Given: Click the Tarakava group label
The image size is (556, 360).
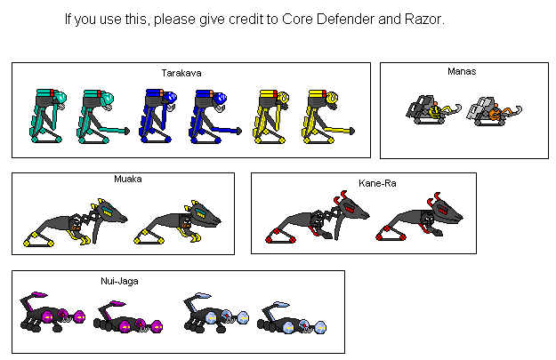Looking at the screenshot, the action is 181,73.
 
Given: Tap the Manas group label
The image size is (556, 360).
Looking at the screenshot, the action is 462,71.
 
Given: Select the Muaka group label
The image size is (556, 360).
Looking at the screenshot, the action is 128,179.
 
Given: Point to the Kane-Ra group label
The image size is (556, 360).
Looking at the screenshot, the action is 377,183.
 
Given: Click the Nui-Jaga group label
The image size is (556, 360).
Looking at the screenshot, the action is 119,281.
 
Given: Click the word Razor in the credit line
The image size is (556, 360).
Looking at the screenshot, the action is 424,19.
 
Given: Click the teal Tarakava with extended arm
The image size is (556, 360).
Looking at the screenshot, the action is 103,116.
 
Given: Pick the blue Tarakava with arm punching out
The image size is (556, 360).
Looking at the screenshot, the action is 215,116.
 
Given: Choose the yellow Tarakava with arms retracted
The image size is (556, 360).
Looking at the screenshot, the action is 271,116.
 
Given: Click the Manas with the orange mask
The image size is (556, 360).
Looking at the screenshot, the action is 494,111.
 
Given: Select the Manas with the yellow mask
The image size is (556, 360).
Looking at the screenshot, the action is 433,109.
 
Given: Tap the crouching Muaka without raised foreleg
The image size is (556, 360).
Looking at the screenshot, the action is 178,223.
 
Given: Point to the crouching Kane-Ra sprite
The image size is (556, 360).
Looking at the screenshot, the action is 420,217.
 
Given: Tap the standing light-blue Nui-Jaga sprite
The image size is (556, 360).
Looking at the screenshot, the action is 216,313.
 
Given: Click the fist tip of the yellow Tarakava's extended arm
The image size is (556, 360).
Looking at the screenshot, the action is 351,131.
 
